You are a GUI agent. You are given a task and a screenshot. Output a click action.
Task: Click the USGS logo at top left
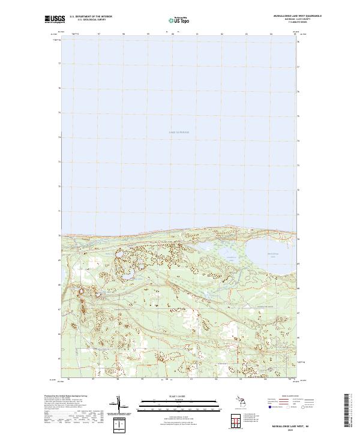[55, 19]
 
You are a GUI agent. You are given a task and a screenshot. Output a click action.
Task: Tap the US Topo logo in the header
[173, 20]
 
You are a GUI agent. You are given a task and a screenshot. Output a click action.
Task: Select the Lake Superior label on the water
[178, 132]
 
